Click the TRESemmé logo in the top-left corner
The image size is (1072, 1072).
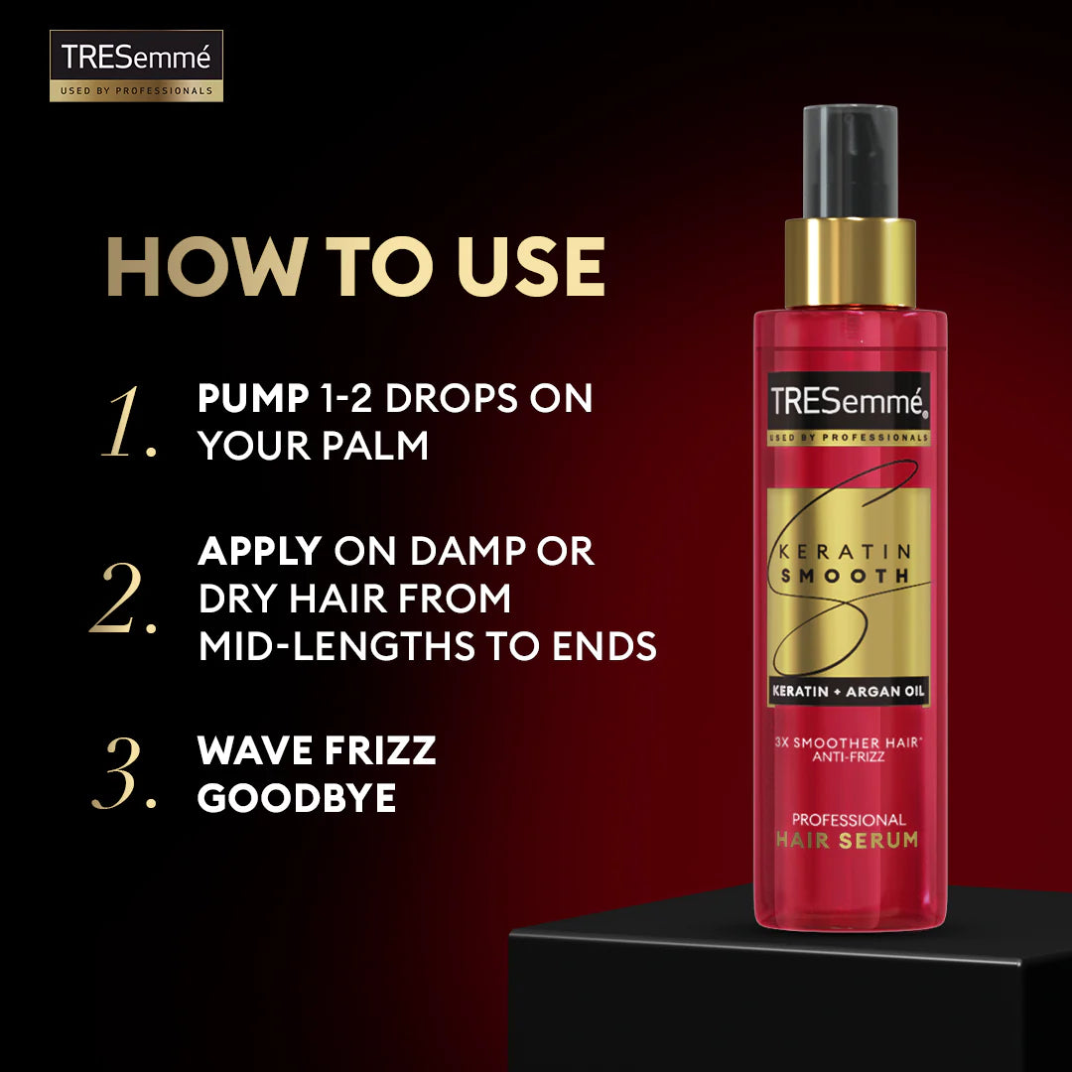(136, 65)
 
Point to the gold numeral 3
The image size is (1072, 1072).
(123, 774)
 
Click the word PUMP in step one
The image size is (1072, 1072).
(252, 399)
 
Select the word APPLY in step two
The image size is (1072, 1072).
(260, 552)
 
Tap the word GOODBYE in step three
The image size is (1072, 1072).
(297, 798)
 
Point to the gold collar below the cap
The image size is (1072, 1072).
(850, 263)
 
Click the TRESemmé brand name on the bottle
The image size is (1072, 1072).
(849, 402)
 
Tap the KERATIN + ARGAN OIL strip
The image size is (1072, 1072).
(849, 691)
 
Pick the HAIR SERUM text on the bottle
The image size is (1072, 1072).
(849, 841)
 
